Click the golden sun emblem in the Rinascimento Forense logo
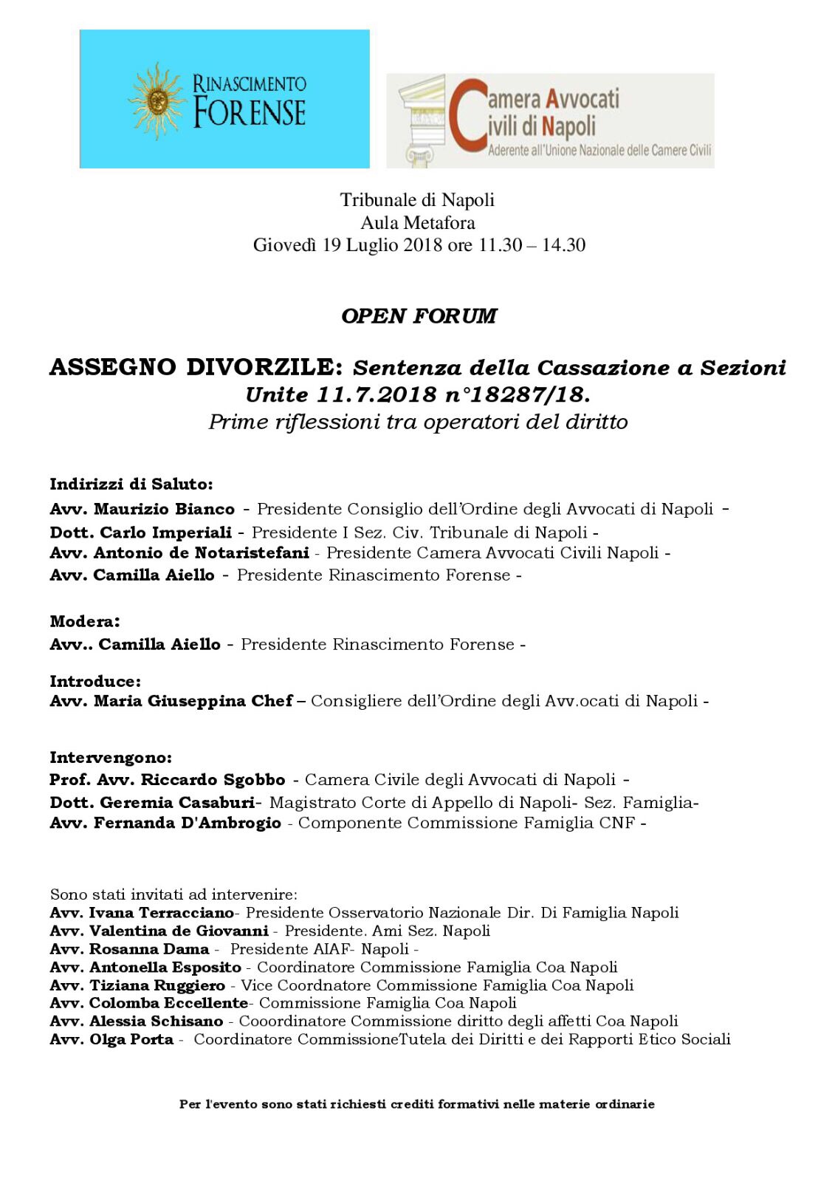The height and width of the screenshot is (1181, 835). pyautogui.click(x=157, y=101)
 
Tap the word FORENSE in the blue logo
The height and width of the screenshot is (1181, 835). pyautogui.click(x=250, y=113)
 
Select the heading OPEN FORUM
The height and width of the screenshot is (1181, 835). pyautogui.click(x=419, y=316)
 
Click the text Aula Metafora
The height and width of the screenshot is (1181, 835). pyautogui.click(x=418, y=222)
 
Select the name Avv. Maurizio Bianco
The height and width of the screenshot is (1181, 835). pyautogui.click(x=142, y=509)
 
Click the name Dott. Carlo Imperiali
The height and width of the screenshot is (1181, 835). pyautogui.click(x=141, y=532)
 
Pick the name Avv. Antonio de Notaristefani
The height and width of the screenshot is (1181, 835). pyautogui.click(x=179, y=552)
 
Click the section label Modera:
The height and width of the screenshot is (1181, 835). pyautogui.click(x=85, y=621)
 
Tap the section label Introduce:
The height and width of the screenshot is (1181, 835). pyautogui.click(x=95, y=681)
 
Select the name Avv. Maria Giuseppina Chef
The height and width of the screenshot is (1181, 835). pyautogui.click(x=171, y=701)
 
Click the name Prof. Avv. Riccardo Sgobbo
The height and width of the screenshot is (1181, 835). pyautogui.click(x=168, y=780)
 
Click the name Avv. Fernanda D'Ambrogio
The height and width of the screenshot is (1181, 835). pyautogui.click(x=165, y=823)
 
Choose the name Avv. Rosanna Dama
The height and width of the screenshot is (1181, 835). pyautogui.click(x=130, y=949)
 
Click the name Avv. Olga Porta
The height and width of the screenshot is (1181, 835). pyautogui.click(x=111, y=1040)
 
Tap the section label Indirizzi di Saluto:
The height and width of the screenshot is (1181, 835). pyautogui.click(x=131, y=485)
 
